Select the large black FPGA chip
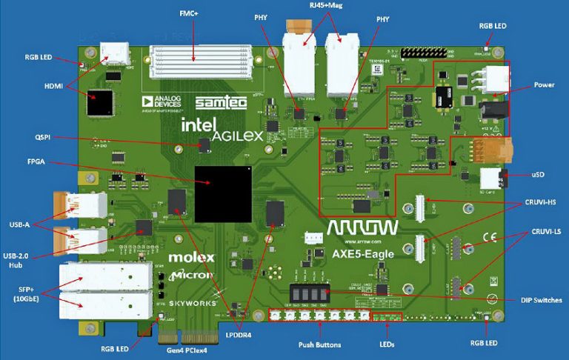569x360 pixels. (x=223, y=194)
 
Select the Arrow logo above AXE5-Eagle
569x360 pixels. (x=362, y=227)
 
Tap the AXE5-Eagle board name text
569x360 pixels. (x=362, y=253)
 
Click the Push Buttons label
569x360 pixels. (x=319, y=345)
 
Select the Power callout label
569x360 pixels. (x=544, y=85)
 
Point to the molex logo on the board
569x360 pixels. (x=191, y=258)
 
